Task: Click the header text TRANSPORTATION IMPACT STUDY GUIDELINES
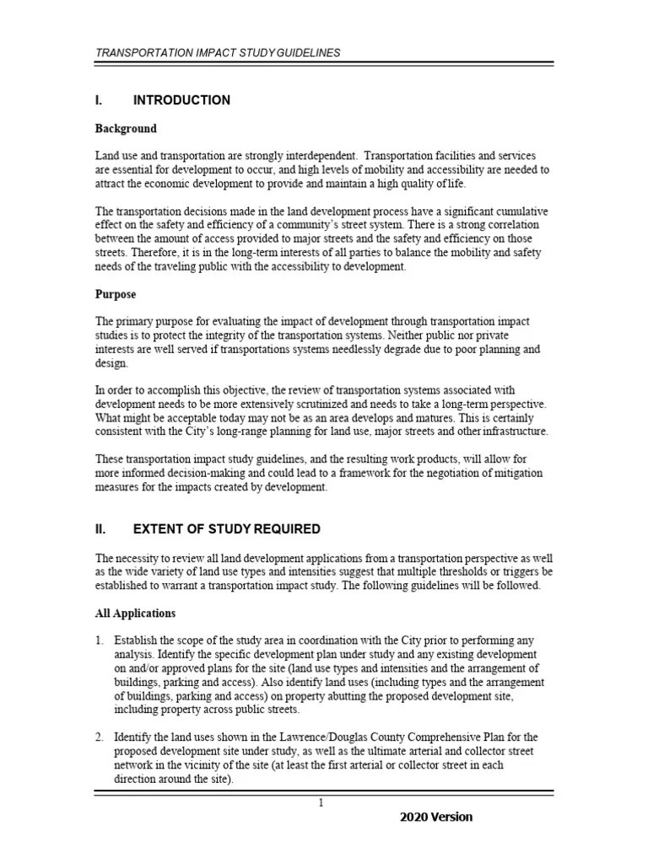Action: [219, 52]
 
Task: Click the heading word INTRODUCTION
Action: [181, 100]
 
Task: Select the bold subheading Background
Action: [126, 129]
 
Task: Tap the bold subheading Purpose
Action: [116, 295]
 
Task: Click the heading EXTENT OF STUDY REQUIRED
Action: [227, 529]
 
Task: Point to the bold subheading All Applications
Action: [136, 613]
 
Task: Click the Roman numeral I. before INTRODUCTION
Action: [99, 100]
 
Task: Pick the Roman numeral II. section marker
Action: [100, 529]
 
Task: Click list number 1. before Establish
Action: [100, 641]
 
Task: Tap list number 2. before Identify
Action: [100, 737]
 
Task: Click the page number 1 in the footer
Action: [321, 803]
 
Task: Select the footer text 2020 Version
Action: [436, 817]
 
